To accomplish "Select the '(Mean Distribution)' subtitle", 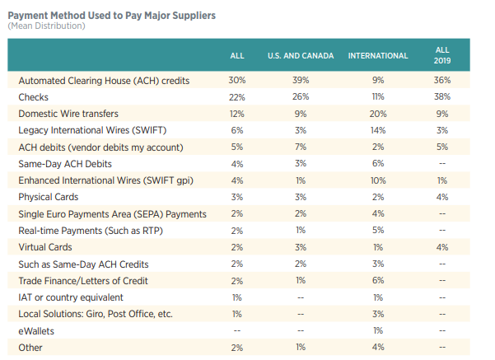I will [x=46, y=26].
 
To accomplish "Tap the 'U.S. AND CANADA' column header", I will [x=300, y=56].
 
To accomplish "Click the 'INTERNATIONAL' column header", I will [x=378, y=56].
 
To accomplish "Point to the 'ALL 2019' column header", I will [x=442, y=55].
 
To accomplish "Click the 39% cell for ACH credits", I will [x=300, y=81].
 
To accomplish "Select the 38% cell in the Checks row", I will [x=442, y=97].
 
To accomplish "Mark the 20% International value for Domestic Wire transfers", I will [x=378, y=115].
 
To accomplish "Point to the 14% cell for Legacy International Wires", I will [x=378, y=131].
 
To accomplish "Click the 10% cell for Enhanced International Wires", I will [x=378, y=180].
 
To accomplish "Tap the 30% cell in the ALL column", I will [x=236, y=81].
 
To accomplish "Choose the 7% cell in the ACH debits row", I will [x=300, y=147].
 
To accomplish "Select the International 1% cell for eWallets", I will [x=378, y=330].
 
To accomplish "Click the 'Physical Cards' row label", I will [x=49, y=197].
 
